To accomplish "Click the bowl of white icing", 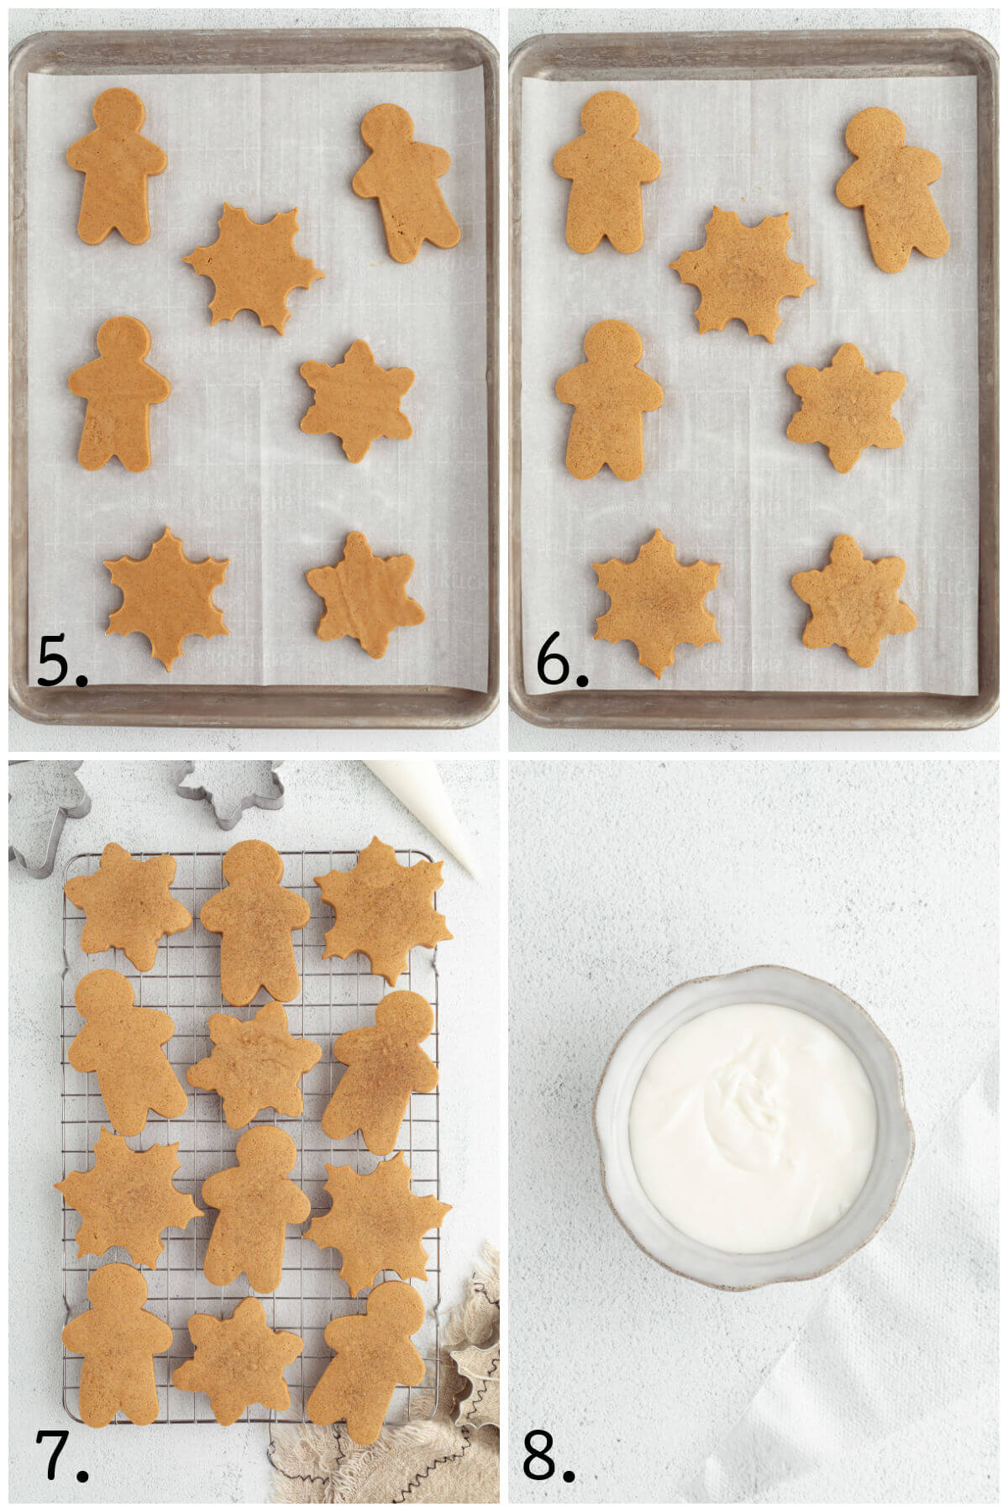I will coord(753,1127).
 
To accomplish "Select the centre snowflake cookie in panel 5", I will coord(253,268).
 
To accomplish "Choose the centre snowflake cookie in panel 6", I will coord(742,274).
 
